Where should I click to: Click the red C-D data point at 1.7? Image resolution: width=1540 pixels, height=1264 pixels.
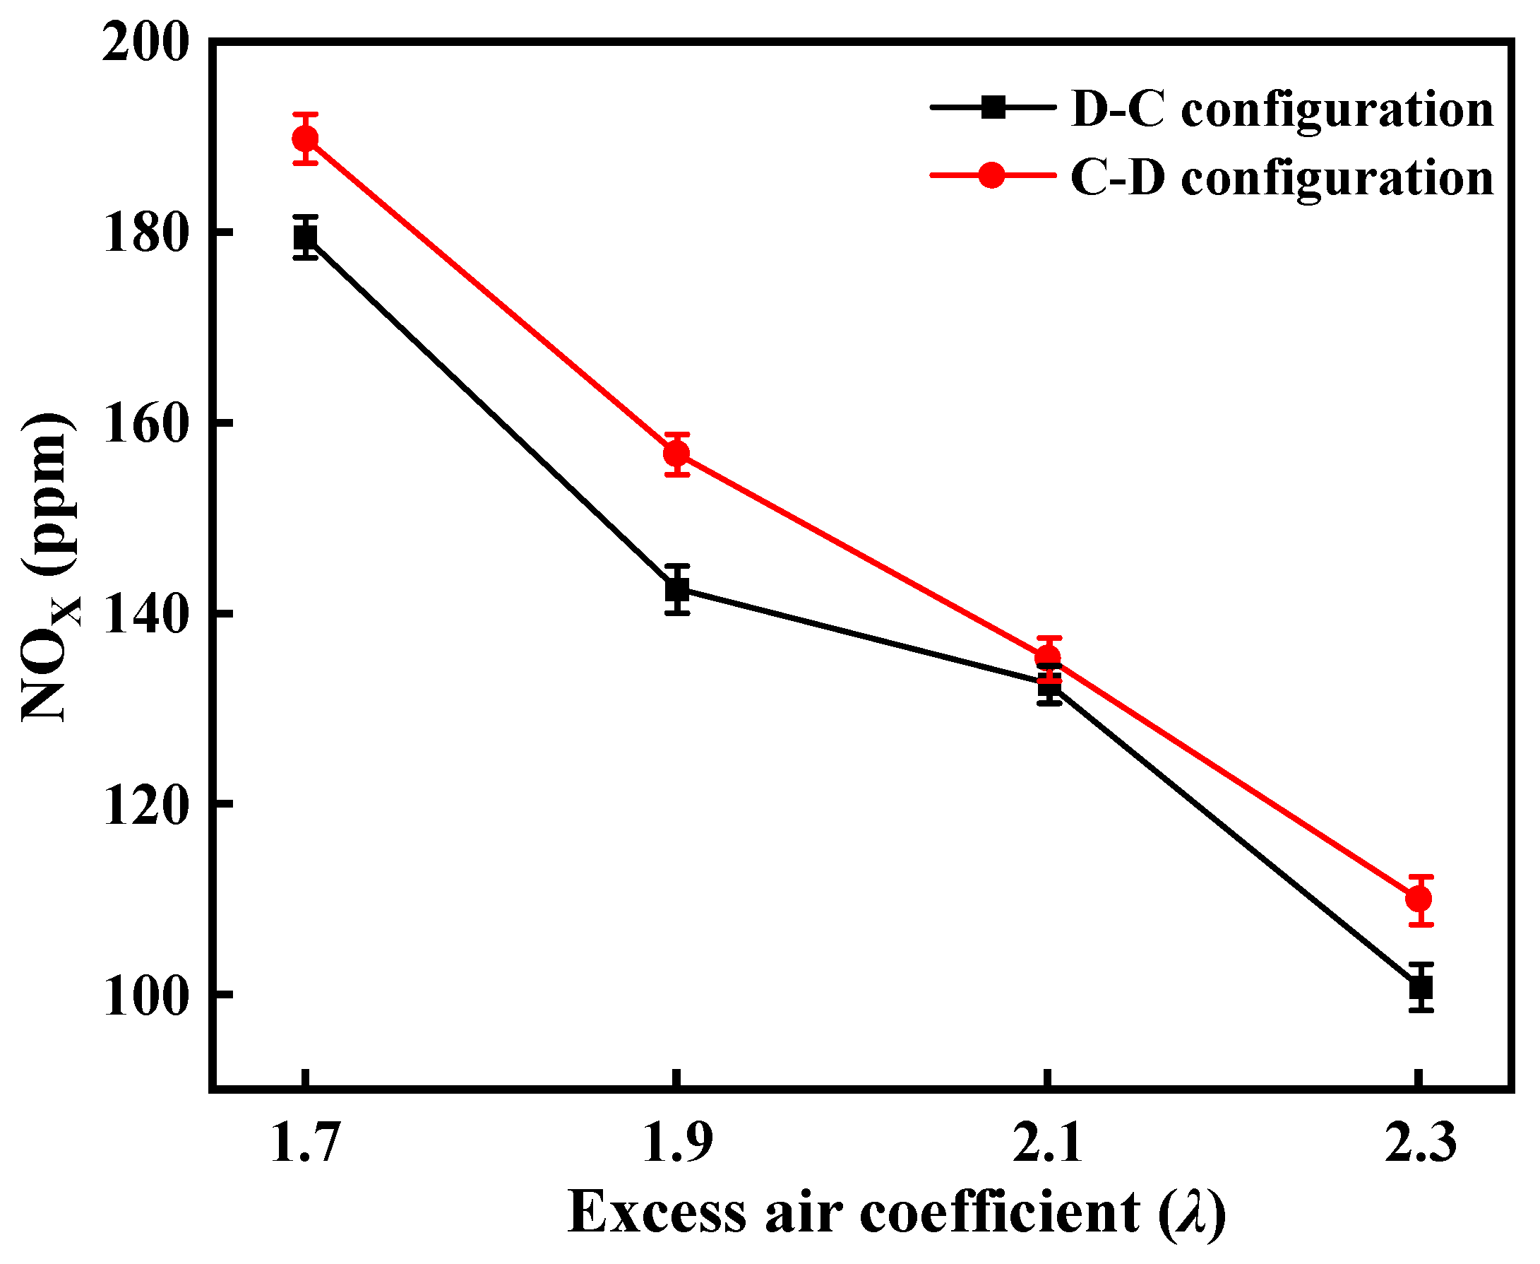[x=306, y=138]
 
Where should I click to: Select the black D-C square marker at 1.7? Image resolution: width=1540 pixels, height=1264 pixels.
[x=306, y=237]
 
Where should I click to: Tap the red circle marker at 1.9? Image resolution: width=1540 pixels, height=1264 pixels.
[x=677, y=454]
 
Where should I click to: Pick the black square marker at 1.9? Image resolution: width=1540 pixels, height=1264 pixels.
[x=677, y=589]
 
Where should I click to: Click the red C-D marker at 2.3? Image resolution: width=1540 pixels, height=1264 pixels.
[x=1420, y=899]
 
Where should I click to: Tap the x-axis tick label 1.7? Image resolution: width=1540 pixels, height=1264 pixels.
[x=306, y=1142]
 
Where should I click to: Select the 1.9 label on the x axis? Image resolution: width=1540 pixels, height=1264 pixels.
[x=677, y=1142]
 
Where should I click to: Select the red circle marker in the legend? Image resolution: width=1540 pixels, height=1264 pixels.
[x=992, y=175]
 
